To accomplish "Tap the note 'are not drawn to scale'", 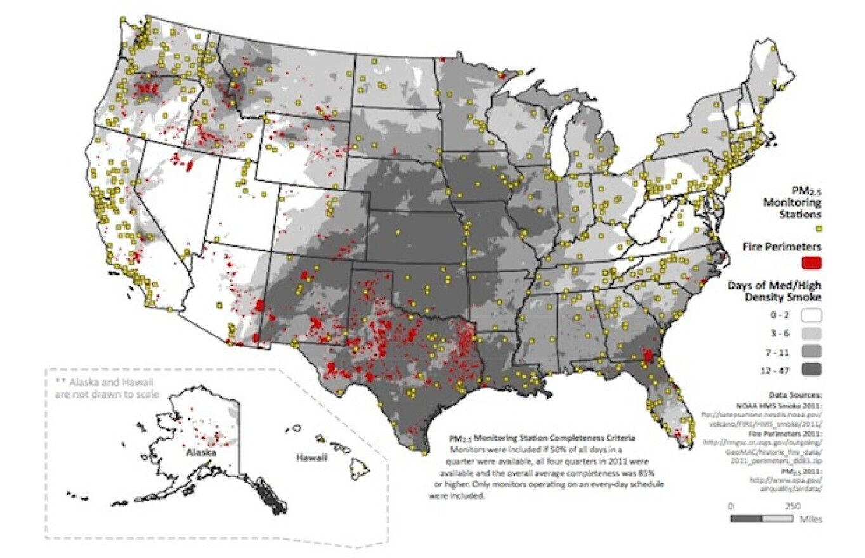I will [106, 393].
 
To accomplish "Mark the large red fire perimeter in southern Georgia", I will [646, 355].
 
